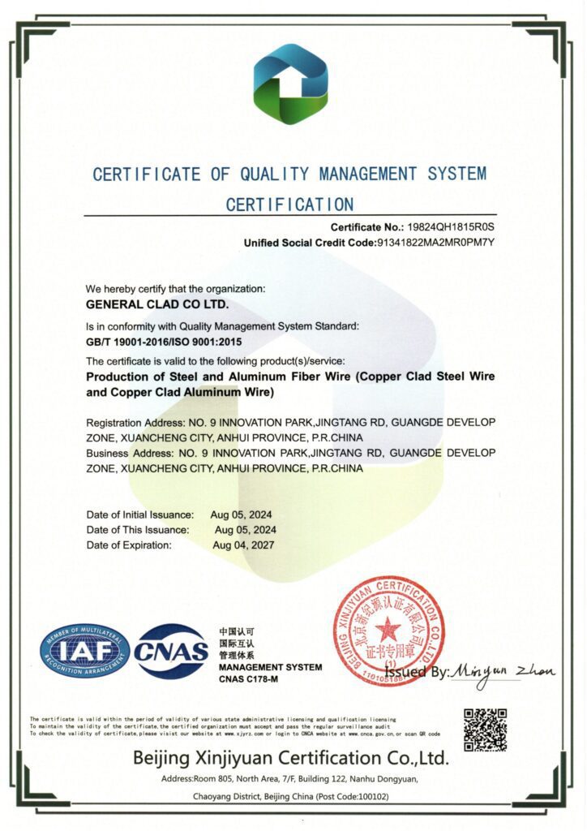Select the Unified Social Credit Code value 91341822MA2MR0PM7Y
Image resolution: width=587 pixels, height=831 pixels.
(435, 243)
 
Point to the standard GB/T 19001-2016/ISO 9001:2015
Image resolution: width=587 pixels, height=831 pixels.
(165, 342)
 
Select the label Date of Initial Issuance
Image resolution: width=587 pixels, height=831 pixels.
(140, 515)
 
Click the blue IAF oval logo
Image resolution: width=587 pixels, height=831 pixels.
(85, 651)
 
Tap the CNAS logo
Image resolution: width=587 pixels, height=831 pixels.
(171, 651)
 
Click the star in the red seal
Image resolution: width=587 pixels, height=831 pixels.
(388, 629)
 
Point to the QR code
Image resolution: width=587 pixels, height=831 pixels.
(485, 730)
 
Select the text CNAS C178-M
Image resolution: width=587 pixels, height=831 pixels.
(248, 678)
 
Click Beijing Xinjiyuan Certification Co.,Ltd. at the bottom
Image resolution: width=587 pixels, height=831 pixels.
(291, 759)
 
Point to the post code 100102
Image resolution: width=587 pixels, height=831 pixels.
(370, 797)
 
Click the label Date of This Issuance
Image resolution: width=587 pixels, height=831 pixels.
(138, 529)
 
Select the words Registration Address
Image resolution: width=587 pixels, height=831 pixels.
(130, 424)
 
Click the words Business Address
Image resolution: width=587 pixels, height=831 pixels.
(123, 453)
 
